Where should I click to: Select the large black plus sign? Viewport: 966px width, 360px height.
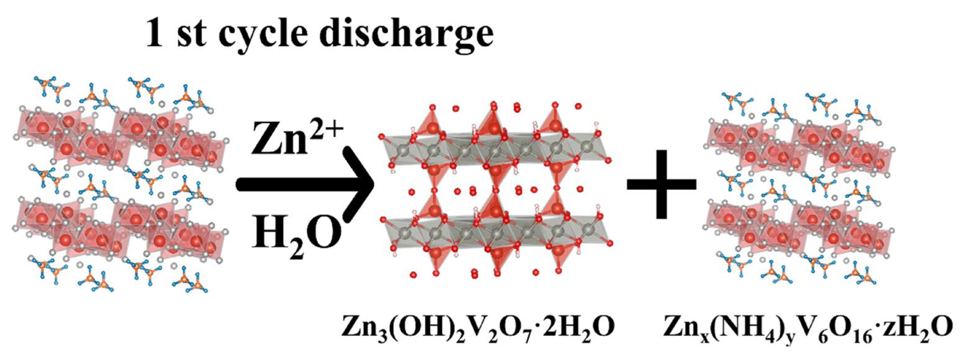click(x=662, y=184)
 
